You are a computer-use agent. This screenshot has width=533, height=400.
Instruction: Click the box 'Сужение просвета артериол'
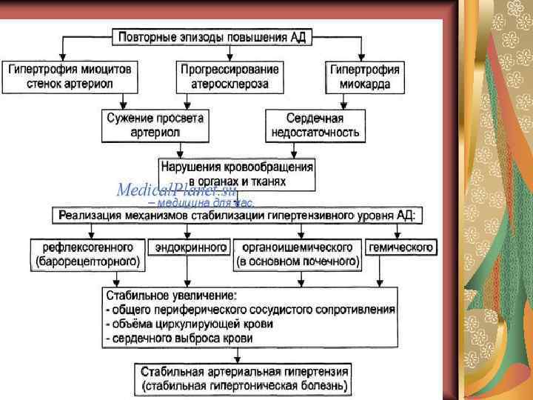[x=154, y=125]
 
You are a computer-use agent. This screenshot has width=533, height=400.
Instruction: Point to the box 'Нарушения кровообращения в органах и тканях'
[x=236, y=173]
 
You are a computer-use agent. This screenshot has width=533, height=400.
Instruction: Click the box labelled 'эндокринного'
[x=190, y=247]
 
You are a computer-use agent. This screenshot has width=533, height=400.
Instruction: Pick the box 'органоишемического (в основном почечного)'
[x=298, y=253]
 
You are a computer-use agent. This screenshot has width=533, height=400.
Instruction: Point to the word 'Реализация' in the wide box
[x=91, y=216]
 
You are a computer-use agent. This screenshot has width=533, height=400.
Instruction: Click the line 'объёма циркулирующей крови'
[x=190, y=324]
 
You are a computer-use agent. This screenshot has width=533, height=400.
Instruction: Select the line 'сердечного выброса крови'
[x=179, y=338]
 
